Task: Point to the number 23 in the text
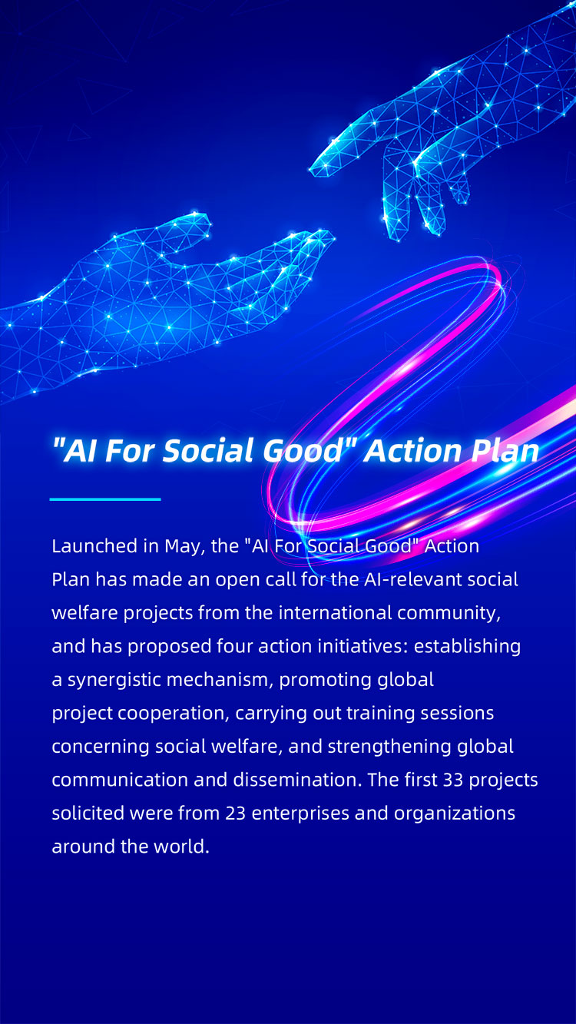236,814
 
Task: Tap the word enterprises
300,814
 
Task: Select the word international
335,612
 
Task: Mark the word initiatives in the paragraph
362,646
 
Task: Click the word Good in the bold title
303,450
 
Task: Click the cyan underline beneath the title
105,499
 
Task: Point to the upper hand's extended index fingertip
313,171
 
